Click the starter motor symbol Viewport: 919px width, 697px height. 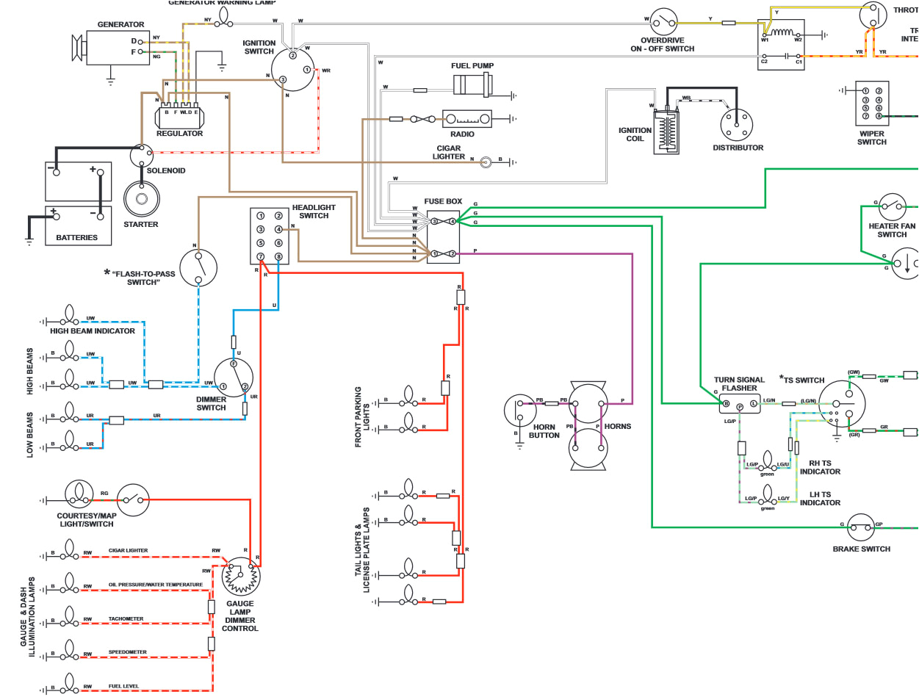(140, 198)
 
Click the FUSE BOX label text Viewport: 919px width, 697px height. (443, 201)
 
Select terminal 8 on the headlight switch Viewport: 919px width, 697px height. (278, 256)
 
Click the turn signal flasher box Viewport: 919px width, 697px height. (740, 404)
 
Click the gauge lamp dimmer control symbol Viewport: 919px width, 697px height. (240, 575)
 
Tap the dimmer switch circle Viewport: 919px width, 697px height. (234, 377)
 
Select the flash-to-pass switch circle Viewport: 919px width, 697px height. (198, 267)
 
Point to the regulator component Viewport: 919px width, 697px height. (179, 115)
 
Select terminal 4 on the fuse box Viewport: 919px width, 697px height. (453, 220)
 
